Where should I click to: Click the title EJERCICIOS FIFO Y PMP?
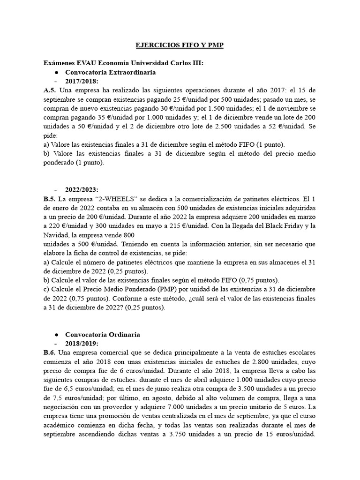[180, 45]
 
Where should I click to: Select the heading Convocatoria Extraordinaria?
[111, 73]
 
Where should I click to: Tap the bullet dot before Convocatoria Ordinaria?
[56, 335]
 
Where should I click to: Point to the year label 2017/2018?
[82, 82]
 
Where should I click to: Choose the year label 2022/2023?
[82, 190]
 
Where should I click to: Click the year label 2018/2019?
[82, 344]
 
